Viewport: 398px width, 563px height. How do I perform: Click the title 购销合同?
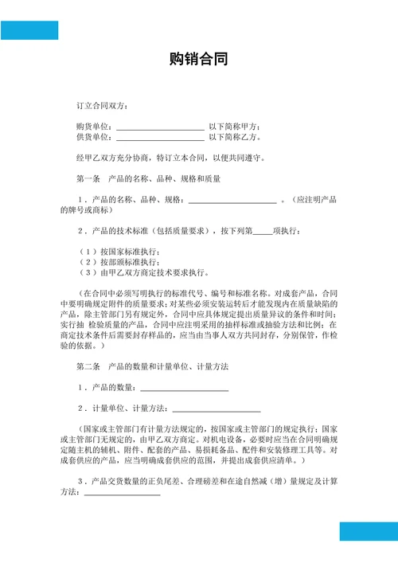click(199, 59)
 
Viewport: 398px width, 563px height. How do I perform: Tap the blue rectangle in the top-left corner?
click(29, 30)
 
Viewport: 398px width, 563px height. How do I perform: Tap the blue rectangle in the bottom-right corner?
click(369, 531)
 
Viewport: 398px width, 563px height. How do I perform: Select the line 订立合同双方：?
click(101, 106)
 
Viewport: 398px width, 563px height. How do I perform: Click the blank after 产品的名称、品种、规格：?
click(231, 200)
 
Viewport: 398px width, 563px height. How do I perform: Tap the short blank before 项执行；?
click(262, 232)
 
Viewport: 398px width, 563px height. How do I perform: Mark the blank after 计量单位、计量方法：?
click(216, 409)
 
